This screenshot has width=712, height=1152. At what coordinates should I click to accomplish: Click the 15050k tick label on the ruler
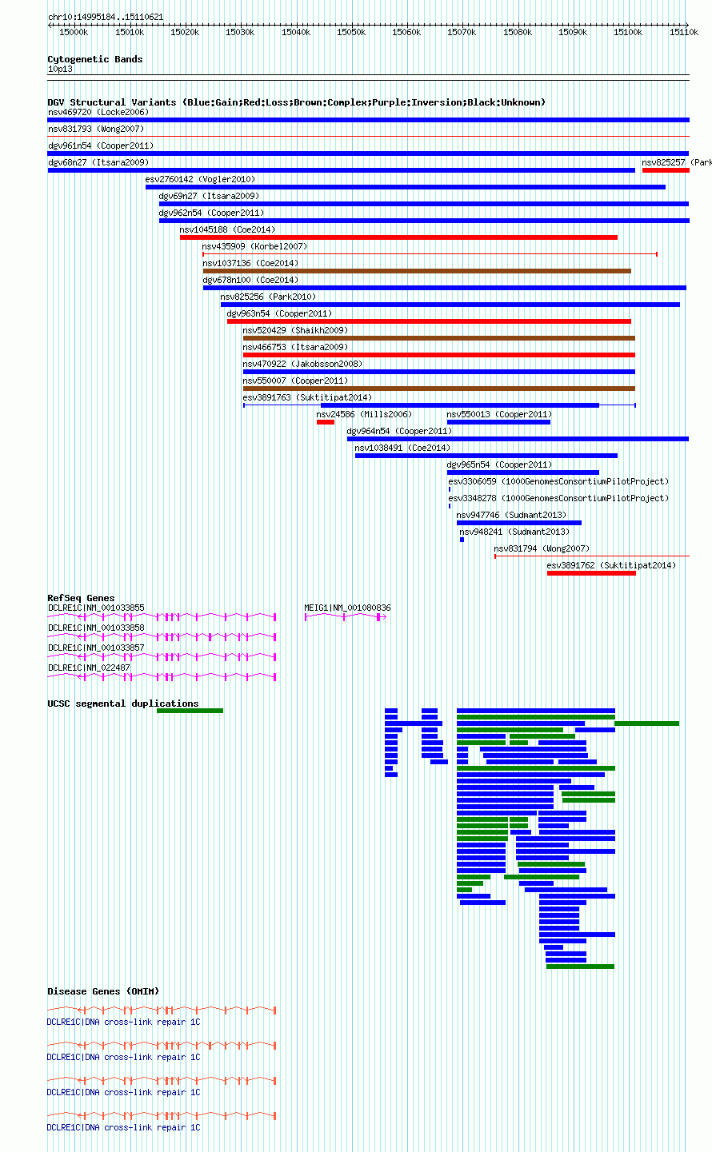click(351, 33)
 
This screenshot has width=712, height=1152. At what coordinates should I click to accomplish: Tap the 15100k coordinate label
click(628, 33)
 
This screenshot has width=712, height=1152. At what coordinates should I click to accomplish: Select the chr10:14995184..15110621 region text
click(106, 17)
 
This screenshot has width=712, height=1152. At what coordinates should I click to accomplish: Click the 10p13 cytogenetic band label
click(60, 69)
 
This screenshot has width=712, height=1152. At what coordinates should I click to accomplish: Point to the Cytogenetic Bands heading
click(95, 59)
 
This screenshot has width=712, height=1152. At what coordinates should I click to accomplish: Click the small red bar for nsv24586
click(326, 422)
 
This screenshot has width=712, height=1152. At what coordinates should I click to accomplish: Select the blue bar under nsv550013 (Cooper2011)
click(498, 422)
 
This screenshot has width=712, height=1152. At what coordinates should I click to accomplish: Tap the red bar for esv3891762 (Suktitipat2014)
click(591, 573)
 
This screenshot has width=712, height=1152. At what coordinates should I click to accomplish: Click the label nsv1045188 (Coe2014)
click(227, 229)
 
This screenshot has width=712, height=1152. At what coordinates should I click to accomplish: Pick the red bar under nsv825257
click(666, 170)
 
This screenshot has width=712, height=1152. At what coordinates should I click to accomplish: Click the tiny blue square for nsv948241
click(462, 540)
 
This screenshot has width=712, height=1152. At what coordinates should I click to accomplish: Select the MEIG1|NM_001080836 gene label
click(347, 608)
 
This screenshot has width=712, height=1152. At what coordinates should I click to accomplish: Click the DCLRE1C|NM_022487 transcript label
click(89, 668)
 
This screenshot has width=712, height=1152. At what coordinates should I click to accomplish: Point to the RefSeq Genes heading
click(81, 598)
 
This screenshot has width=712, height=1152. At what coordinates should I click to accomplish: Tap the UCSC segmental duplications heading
click(123, 704)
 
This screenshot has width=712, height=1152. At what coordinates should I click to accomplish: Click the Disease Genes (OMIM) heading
click(103, 991)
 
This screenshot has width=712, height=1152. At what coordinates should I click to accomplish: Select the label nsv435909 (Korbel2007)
click(254, 246)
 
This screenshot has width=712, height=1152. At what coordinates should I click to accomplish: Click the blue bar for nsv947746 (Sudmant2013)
click(519, 523)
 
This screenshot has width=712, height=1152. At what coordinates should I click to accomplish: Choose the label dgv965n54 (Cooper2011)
click(499, 464)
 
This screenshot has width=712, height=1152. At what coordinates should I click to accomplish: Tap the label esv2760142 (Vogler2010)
click(200, 179)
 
